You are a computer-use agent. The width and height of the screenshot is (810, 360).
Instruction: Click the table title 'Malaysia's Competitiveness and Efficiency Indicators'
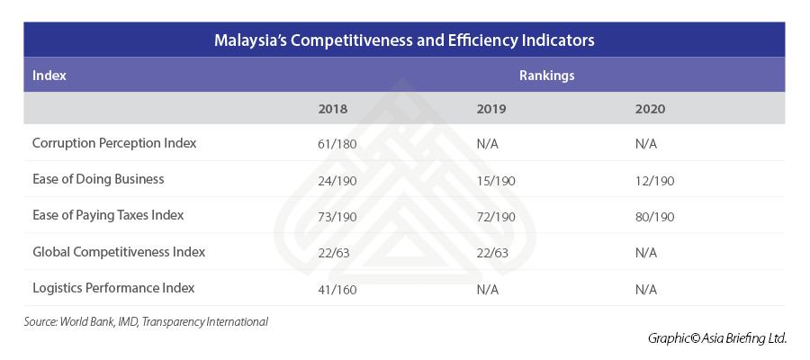click(404, 40)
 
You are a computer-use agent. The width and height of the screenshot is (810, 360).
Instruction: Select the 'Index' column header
click(49, 76)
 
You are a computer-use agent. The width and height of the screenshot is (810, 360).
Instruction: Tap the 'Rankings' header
click(546, 76)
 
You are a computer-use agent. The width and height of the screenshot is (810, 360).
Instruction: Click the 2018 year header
click(333, 109)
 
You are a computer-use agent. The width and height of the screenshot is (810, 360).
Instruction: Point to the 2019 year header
click(491, 109)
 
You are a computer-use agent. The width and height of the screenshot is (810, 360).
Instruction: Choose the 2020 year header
click(649, 109)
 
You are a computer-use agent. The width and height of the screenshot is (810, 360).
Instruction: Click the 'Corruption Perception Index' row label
click(114, 143)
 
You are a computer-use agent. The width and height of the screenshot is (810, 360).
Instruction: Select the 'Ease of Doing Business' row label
click(98, 179)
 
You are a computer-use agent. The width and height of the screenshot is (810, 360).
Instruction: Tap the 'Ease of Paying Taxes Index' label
click(108, 216)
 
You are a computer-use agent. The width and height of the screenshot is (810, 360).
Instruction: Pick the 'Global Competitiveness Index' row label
click(119, 252)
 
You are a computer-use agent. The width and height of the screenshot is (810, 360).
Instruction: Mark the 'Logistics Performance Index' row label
click(113, 288)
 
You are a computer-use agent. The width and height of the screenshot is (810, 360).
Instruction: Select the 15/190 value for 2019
click(496, 180)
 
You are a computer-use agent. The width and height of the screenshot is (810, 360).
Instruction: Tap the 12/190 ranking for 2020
click(654, 180)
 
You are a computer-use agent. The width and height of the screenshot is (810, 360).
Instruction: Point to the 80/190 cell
click(654, 217)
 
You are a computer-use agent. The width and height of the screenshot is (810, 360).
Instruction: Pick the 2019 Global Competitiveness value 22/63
click(492, 253)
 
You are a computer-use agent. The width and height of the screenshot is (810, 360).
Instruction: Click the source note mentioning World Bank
click(146, 321)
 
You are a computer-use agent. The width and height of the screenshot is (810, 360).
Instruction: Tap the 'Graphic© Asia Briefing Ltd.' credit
click(716, 338)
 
